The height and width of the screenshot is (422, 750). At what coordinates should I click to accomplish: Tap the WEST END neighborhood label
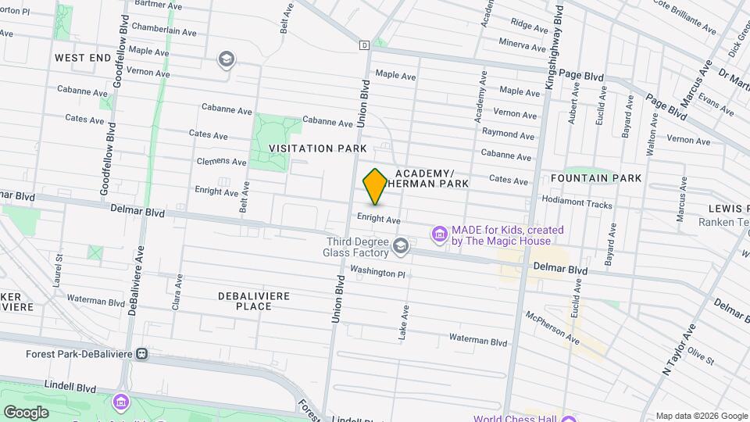83,58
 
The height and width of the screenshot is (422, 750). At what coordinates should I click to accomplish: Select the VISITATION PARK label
318,148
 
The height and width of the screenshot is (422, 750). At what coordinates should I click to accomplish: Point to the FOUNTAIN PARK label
607,178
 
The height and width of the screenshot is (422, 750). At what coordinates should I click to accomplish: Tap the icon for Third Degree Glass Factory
401,247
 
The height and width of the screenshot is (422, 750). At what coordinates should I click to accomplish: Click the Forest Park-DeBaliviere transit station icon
142,353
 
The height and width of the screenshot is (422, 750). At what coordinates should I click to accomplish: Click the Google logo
27,412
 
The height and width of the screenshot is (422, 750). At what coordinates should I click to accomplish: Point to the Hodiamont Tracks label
577,204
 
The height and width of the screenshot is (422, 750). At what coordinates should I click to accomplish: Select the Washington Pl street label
378,273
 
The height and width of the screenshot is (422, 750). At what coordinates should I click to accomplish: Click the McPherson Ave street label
552,327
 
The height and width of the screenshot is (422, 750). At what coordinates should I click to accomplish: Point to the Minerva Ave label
521,44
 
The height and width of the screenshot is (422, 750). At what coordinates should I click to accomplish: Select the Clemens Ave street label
221,161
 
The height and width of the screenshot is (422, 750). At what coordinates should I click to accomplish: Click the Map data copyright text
701,416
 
